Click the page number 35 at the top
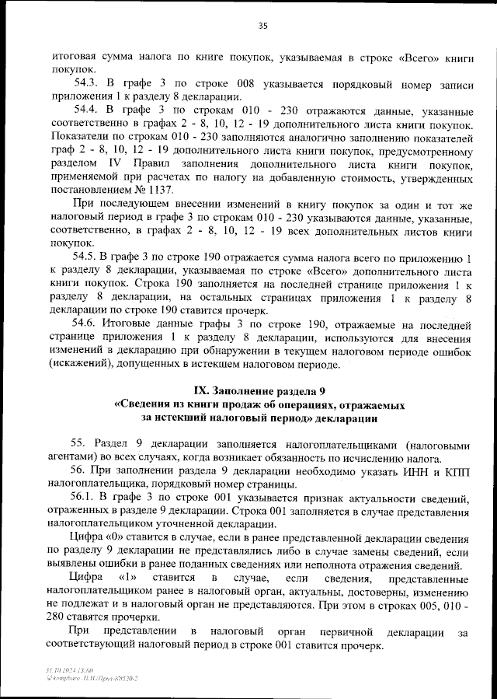(x=262, y=26)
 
